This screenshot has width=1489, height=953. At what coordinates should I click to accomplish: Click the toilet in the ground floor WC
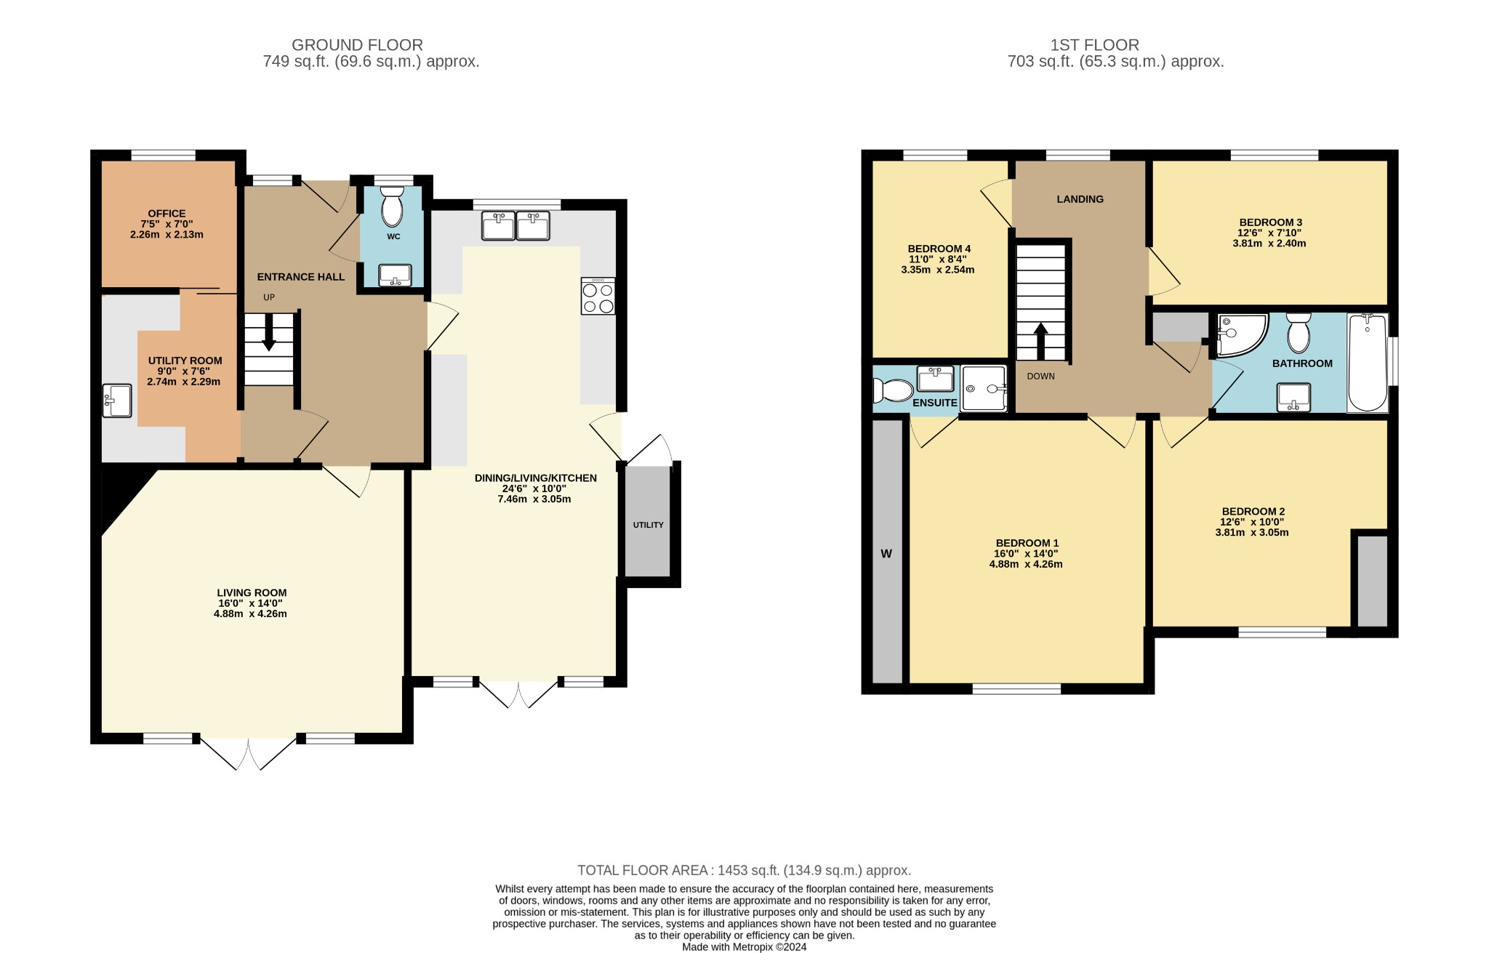point(392,206)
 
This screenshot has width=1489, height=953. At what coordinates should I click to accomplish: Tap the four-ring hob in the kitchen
point(598,296)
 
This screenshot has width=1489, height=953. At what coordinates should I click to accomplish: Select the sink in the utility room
point(117,401)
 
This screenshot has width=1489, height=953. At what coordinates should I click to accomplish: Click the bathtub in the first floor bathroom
point(1368,363)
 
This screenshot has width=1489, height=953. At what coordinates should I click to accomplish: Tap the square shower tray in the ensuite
point(984,388)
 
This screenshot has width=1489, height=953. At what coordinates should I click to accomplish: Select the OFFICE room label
point(166,214)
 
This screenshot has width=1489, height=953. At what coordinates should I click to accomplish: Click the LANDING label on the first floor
point(1080,199)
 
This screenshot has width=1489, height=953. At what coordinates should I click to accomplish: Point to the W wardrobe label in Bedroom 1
point(886,554)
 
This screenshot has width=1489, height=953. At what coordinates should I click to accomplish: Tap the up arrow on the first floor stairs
point(1041,341)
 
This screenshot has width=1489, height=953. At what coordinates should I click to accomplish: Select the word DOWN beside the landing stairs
point(1040,377)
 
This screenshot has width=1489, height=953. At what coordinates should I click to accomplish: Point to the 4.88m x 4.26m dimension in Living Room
point(250,614)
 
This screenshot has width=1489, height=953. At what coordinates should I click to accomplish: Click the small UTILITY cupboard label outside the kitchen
point(648,525)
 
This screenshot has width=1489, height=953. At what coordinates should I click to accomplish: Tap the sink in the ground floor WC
point(395,276)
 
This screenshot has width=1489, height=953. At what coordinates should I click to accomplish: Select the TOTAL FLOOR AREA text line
point(744,870)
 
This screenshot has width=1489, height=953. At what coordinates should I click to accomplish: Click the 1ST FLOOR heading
point(1094,45)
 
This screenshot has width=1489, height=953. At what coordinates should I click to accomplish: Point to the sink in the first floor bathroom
point(1293,397)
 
